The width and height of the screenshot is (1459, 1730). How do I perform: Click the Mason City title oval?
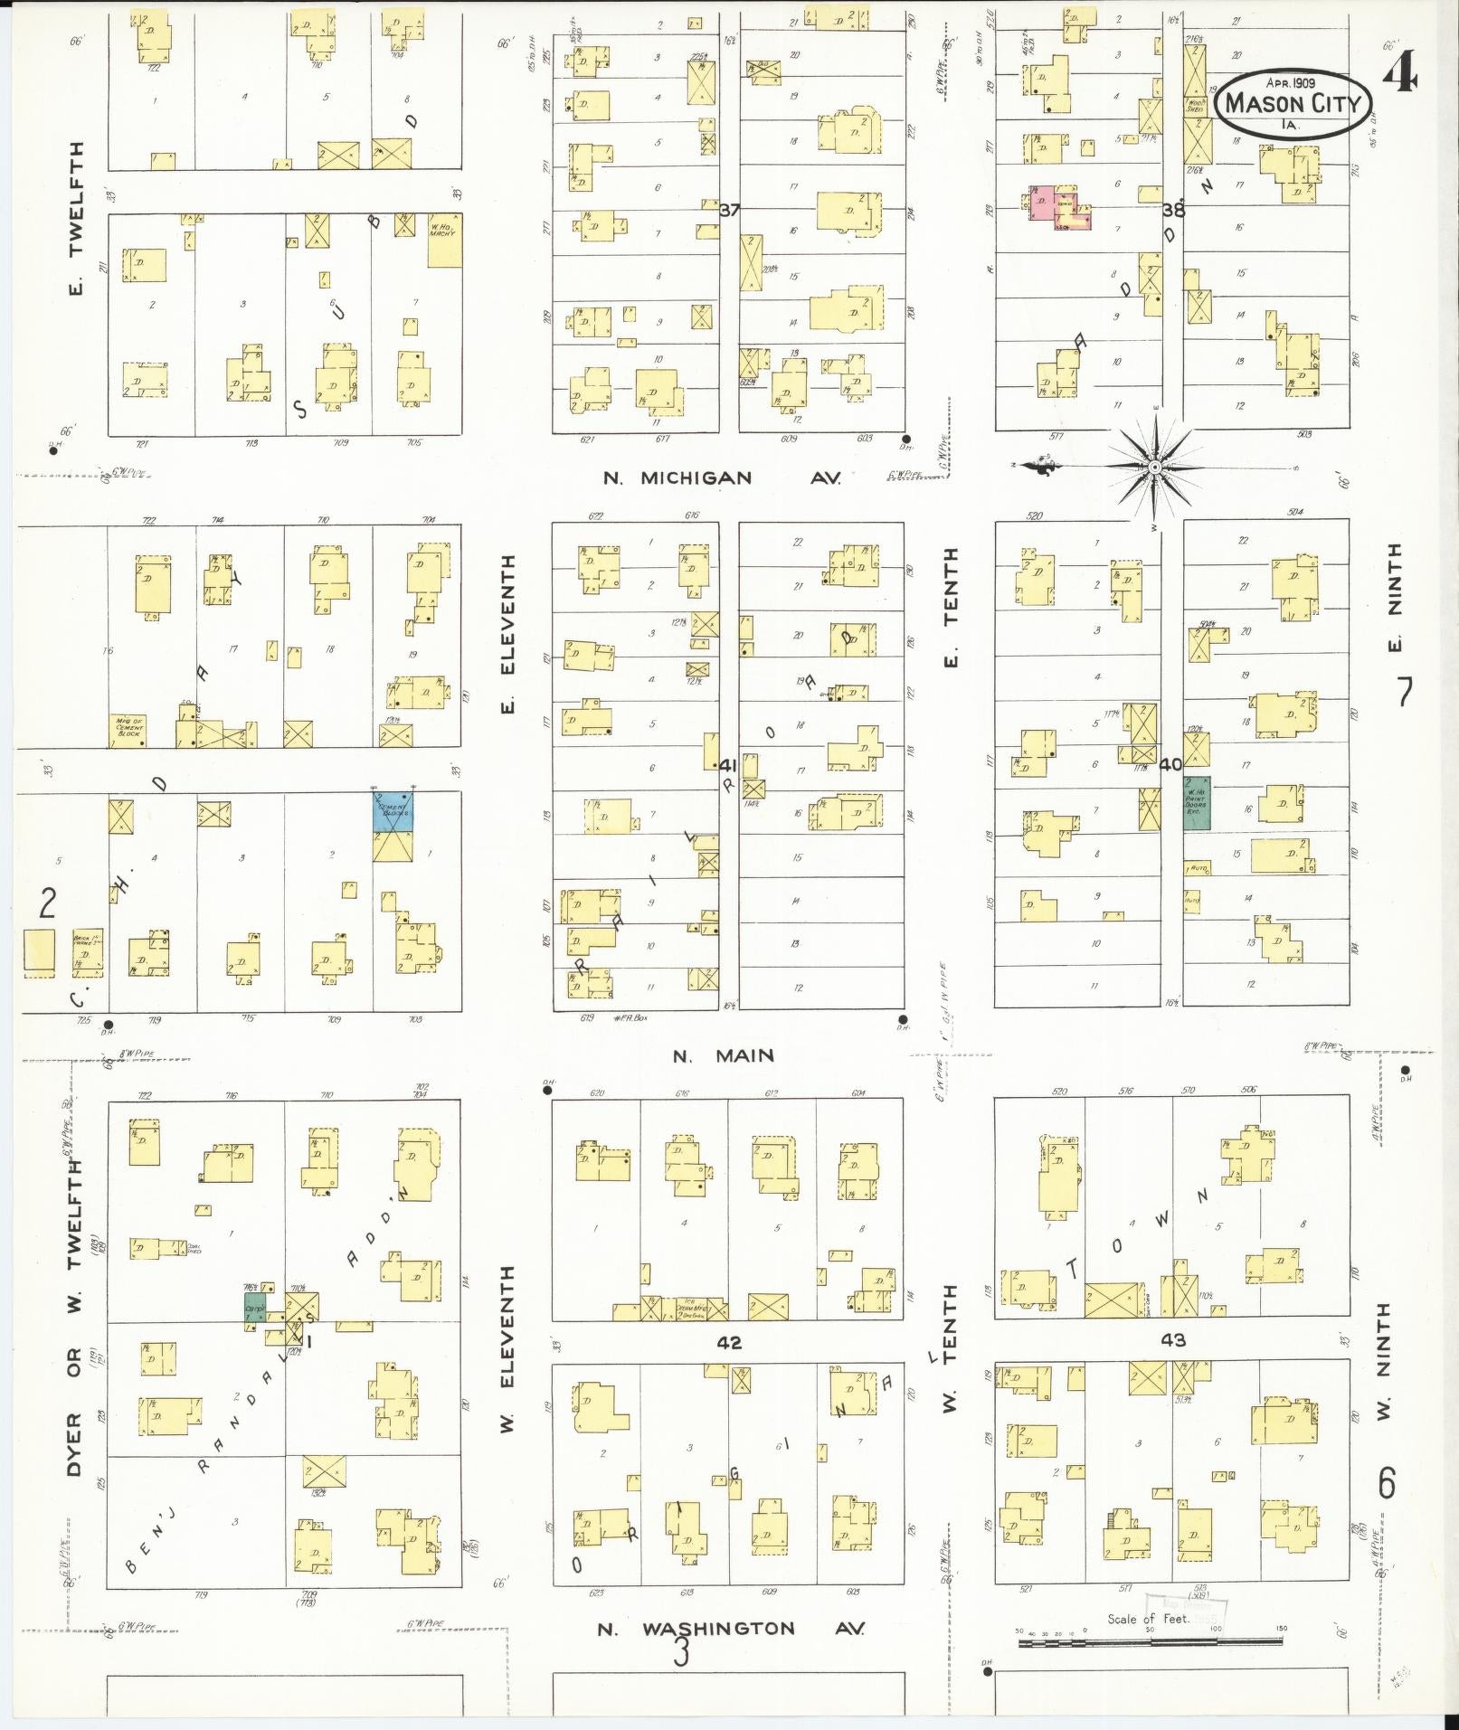click(x=1291, y=105)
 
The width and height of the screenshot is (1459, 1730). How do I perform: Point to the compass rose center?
click(x=1155, y=467)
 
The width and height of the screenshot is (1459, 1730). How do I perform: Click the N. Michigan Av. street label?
click(x=722, y=478)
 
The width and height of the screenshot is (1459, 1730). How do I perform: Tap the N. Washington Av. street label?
click(x=730, y=1629)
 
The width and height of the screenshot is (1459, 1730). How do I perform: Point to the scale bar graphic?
click(x=1152, y=1641)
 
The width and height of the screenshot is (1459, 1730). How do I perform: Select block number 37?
click(x=730, y=210)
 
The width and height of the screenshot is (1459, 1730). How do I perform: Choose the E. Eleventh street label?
click(x=507, y=633)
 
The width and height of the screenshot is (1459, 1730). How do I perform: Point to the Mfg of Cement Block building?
click(x=127, y=730)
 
